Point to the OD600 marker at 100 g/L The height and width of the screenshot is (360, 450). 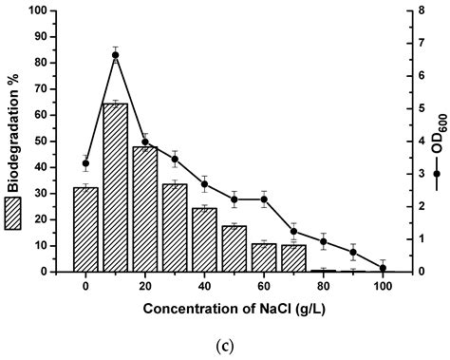click(x=383, y=268)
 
